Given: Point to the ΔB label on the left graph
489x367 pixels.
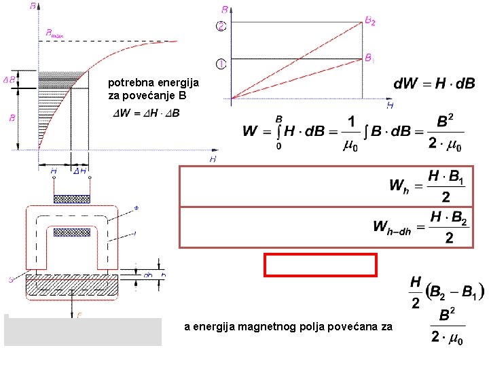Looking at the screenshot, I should click(x=10, y=80).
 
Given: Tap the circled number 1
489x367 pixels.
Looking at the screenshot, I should click(x=221, y=64).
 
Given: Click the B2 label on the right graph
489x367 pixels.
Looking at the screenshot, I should click(x=370, y=21).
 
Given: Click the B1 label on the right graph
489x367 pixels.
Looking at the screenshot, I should click(x=369, y=58).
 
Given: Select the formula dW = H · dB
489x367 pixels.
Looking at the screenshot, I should click(x=434, y=84).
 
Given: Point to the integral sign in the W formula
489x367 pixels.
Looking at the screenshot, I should click(x=279, y=130).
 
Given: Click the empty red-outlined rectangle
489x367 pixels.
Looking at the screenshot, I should click(x=321, y=264).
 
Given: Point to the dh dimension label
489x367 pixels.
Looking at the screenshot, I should click(x=147, y=275).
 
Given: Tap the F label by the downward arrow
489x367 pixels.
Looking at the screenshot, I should click(x=79, y=315).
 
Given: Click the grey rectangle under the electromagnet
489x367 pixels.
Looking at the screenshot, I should click(x=83, y=332).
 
